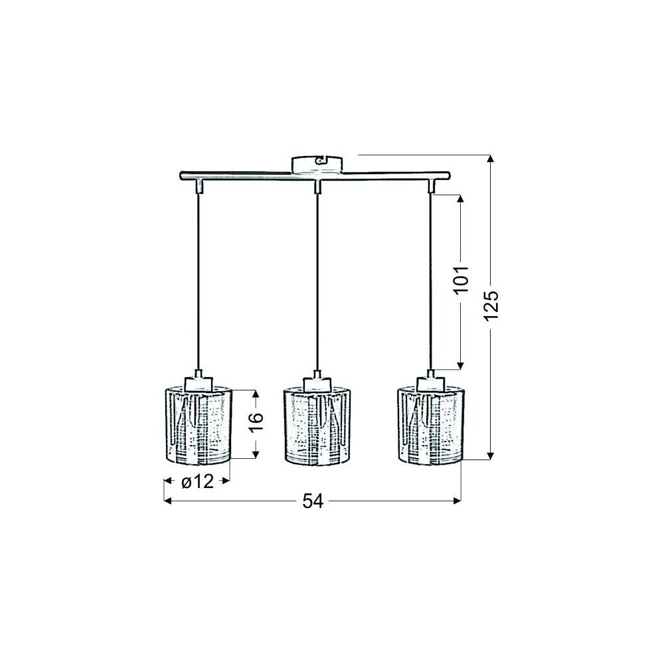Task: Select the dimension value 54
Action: coord(313,501)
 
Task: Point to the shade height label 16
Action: coord(256,422)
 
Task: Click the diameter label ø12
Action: coord(197,481)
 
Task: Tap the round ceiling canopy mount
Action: coord(316,165)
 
